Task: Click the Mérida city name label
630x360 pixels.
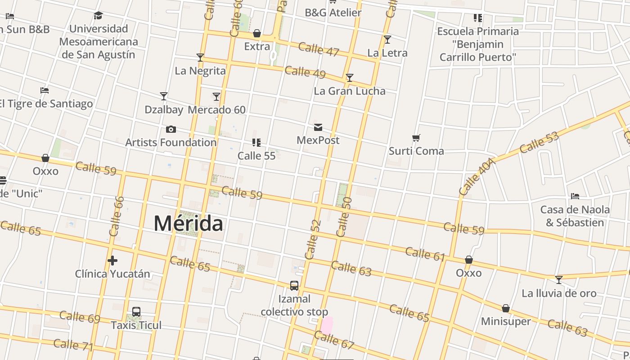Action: click(x=188, y=223)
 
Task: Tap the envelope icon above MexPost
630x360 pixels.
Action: click(x=318, y=127)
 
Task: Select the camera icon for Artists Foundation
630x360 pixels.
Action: click(x=171, y=130)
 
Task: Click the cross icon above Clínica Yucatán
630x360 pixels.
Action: click(x=112, y=261)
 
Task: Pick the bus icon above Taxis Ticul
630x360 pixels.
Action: click(x=136, y=312)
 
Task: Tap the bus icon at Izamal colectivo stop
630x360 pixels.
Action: click(x=294, y=286)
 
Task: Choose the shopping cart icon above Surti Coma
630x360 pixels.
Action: click(x=416, y=138)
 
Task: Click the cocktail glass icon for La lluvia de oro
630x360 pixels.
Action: click(x=559, y=280)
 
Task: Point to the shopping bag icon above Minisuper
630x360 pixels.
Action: click(x=506, y=308)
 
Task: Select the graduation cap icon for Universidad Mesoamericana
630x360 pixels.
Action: click(x=98, y=16)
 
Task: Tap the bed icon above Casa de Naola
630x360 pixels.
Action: click(x=575, y=196)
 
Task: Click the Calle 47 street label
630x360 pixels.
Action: click(x=319, y=49)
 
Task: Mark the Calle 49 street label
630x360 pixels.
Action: click(x=305, y=72)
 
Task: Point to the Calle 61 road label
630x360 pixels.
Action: click(x=425, y=254)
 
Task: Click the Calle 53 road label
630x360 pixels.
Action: click(x=539, y=143)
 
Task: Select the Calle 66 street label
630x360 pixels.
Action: click(x=117, y=216)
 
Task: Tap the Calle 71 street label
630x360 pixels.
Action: click(x=73, y=345)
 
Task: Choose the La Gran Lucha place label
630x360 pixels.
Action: click(x=350, y=91)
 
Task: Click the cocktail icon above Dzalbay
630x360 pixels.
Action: click(x=164, y=96)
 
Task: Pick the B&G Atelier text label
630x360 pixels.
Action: click(x=333, y=13)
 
